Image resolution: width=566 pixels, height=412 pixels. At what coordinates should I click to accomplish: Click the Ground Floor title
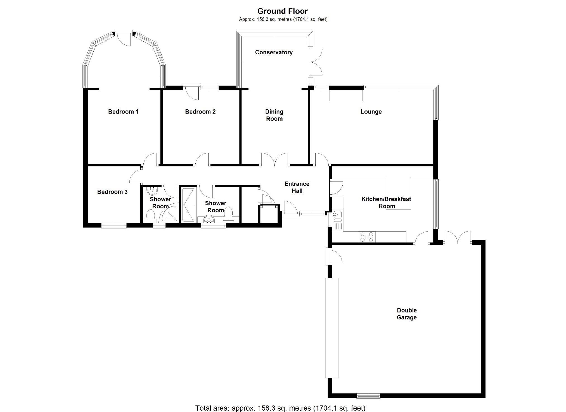282,11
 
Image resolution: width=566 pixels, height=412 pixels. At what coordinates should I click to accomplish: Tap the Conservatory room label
274,52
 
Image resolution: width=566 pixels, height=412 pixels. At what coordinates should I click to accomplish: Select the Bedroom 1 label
123,112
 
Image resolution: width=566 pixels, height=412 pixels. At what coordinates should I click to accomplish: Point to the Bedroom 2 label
200,112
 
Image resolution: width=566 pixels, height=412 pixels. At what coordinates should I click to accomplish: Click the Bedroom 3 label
112,192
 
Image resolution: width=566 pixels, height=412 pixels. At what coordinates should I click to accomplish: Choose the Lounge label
371,112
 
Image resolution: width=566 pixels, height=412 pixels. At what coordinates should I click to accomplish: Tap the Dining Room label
274,115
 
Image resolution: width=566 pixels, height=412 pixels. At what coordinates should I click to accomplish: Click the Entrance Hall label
297,187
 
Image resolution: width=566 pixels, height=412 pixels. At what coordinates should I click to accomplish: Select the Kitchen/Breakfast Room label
386,203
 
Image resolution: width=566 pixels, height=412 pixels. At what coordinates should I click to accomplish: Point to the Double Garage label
407,314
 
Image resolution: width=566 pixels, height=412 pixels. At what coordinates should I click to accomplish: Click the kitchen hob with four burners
367,237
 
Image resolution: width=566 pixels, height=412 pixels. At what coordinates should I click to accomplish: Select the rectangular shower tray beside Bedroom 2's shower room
189,205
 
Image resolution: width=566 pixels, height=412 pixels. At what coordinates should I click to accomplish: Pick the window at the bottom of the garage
368,396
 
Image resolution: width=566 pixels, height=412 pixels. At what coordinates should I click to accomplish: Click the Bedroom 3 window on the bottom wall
114,225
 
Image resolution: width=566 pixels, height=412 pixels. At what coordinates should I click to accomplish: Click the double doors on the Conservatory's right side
316,62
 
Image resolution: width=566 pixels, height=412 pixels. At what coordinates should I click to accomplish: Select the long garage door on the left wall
332,328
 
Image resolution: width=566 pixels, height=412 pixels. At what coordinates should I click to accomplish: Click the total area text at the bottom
280,408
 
